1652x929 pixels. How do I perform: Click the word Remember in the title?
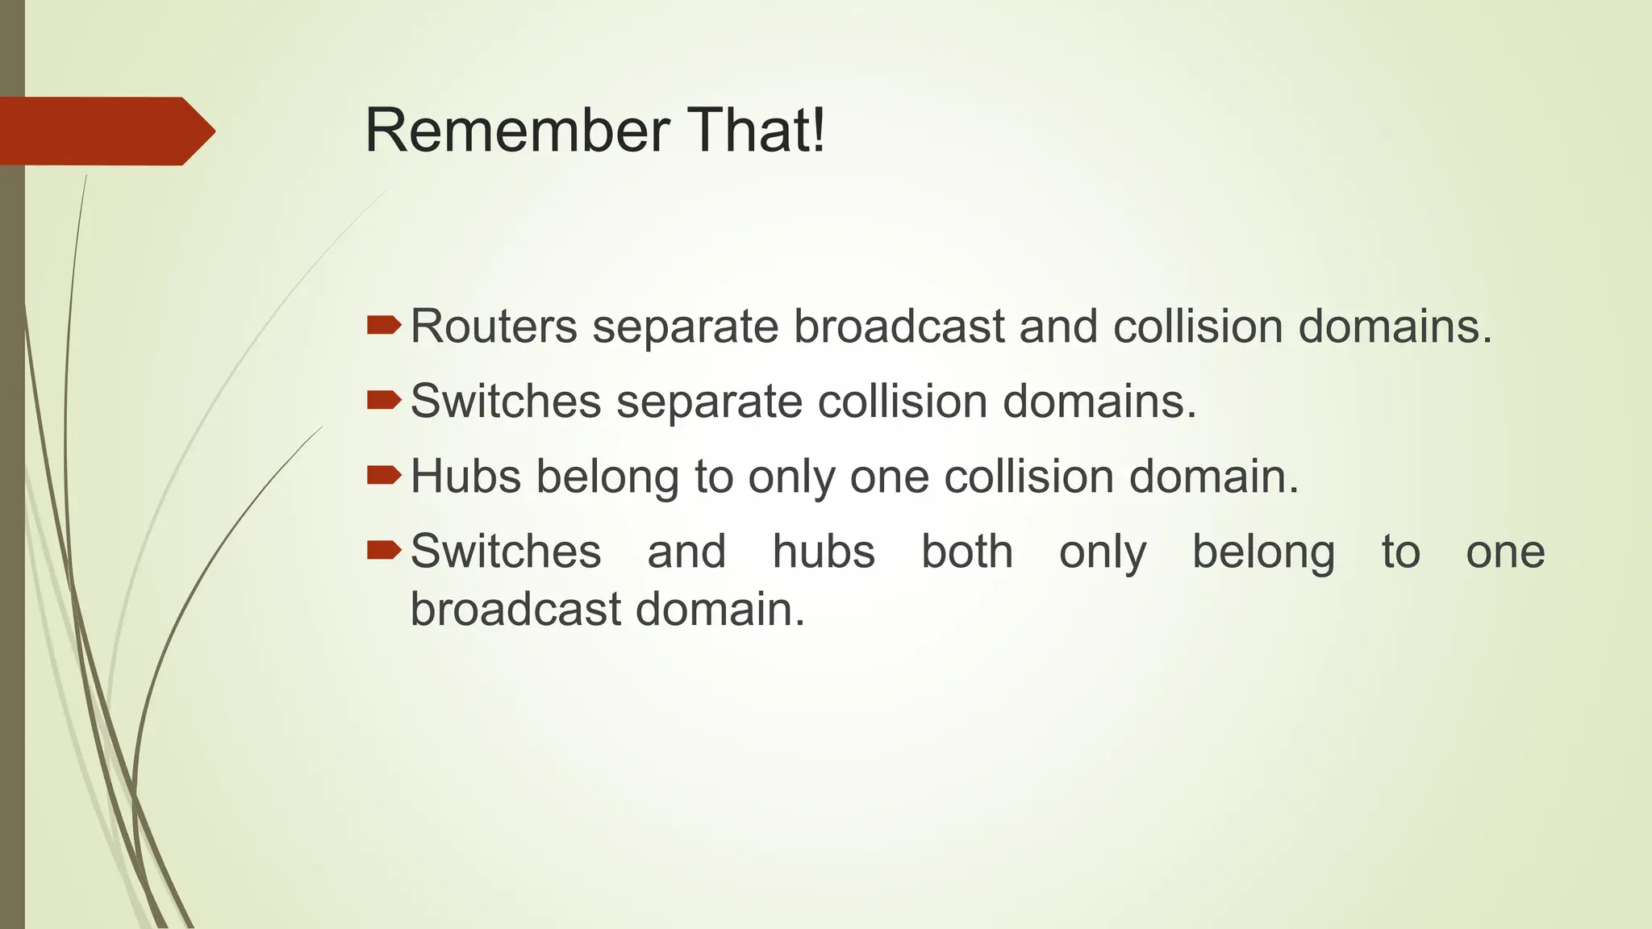(x=517, y=131)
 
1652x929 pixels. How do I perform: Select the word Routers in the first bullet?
(x=494, y=327)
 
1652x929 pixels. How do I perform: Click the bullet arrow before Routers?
(x=383, y=325)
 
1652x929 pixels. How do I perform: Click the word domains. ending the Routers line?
(x=1395, y=327)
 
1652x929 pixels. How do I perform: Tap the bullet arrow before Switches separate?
(x=383, y=399)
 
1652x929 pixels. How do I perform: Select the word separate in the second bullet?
(x=709, y=402)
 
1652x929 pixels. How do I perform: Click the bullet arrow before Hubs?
(x=383, y=474)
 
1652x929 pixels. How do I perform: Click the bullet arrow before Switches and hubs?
(x=383, y=550)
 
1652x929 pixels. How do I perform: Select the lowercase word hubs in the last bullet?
(x=824, y=552)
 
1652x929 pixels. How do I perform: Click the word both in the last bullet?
(x=967, y=552)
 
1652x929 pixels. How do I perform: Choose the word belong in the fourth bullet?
(x=1263, y=553)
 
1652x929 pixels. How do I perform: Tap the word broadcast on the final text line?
(x=515, y=609)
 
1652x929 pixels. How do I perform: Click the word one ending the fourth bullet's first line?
(x=1505, y=553)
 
